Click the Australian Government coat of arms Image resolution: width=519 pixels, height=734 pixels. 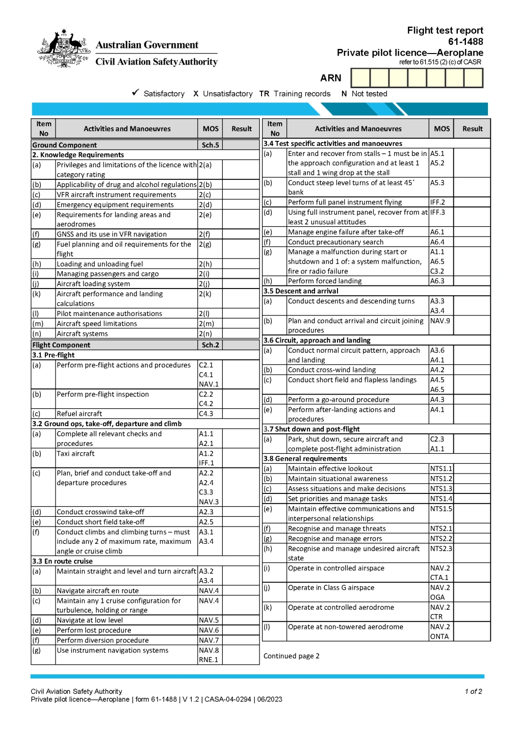coord(64,48)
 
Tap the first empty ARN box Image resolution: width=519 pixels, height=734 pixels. coord(360,78)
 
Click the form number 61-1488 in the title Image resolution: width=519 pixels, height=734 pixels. coord(465,42)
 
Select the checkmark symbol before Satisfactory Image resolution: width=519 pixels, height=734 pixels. coord(136,93)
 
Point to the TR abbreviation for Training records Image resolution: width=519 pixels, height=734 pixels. coord(264,94)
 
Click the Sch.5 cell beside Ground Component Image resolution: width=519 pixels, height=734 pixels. coord(210,145)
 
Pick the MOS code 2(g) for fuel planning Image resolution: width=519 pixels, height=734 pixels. coord(205,245)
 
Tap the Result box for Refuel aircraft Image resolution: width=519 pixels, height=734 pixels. coord(241,414)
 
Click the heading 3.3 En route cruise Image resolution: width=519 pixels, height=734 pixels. coord(63,561)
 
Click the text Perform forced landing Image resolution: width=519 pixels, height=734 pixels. coord(325,281)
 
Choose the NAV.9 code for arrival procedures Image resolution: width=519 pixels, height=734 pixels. coord(440,321)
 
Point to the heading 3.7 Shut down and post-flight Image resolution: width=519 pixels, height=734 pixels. coord(312,429)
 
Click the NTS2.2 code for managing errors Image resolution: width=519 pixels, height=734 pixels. coord(441,539)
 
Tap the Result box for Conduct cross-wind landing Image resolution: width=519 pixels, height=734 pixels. coord(472,370)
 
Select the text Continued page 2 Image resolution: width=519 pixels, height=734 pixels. coord(292,656)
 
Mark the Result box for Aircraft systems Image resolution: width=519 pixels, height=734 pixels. coord(241,334)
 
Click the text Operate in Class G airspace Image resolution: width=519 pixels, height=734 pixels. coord(331,588)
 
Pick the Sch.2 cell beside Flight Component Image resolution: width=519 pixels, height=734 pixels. coord(210,345)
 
